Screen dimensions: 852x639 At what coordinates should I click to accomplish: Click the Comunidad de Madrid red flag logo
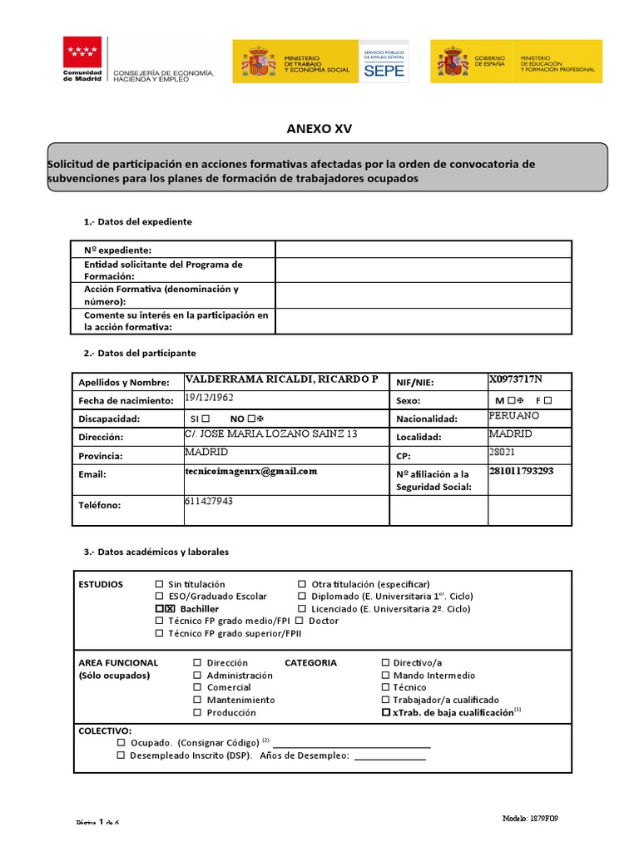coord(82,52)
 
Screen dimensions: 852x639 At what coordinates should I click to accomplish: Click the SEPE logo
coord(384,62)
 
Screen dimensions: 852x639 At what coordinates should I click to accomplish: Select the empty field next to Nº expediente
coord(424,250)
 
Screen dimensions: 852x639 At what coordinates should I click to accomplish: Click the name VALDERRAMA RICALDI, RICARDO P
coord(281,379)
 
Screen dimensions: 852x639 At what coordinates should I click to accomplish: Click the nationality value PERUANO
coord(514,415)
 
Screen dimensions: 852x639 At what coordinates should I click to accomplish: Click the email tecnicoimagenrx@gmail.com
coord(251,471)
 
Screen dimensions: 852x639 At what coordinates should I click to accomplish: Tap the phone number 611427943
coord(209,502)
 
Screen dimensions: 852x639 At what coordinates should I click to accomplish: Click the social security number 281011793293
coord(521,471)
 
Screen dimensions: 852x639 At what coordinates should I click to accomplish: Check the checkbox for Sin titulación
coord(159,585)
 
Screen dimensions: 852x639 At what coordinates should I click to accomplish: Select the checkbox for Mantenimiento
coord(197,701)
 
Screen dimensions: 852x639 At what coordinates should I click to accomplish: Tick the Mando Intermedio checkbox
coord(385,676)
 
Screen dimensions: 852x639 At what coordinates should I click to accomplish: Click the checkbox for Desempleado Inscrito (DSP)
coord(121,755)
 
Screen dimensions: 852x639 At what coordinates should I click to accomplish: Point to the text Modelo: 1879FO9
coord(530,819)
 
